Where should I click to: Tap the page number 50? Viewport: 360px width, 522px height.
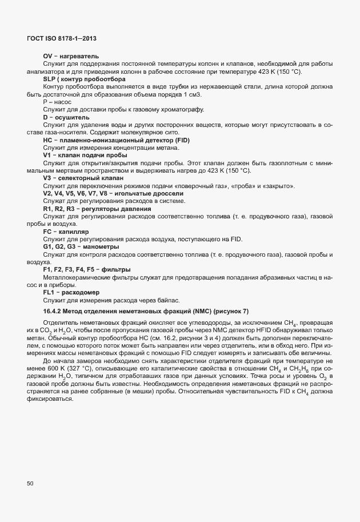pyautogui.click(x=30, y=484)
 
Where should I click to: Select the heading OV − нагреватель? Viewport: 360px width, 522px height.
pyautogui.click(x=71, y=55)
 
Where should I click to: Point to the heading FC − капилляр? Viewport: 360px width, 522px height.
pyautogui.click(x=66, y=232)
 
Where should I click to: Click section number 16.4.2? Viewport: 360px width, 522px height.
pyautogui.click(x=54, y=310)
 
